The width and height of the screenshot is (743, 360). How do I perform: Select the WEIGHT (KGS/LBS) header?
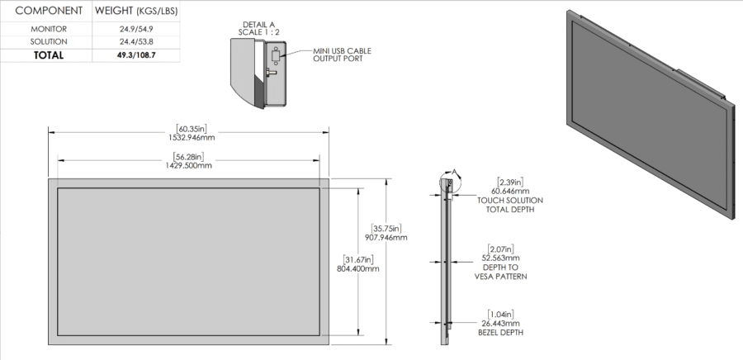pos(136,12)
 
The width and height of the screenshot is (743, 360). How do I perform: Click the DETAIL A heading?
pos(260,25)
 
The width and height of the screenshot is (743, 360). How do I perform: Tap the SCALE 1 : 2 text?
pos(260,32)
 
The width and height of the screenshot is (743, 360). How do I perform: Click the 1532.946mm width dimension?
pos(190,137)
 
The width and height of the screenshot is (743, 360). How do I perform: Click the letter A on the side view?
pos(452,173)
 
